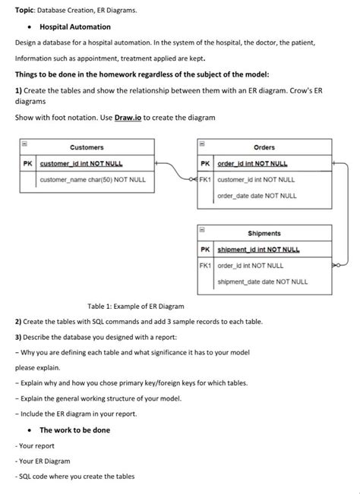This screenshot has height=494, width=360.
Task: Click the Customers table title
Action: [x=87, y=147]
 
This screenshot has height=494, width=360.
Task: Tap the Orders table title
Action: [x=264, y=147]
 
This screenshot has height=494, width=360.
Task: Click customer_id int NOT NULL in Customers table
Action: [x=81, y=163]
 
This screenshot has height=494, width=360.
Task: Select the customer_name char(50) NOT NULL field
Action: [x=93, y=180]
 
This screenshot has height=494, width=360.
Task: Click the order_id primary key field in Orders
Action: [x=258, y=163]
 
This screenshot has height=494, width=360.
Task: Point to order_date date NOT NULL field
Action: [x=257, y=196]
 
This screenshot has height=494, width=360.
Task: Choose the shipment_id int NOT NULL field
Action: [x=258, y=250]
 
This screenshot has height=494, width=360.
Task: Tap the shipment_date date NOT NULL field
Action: [x=263, y=282]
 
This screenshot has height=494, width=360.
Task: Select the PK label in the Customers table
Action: [x=27, y=163]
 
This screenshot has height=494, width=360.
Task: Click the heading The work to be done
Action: [x=74, y=430]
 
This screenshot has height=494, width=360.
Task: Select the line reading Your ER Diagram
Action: [x=43, y=461]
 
